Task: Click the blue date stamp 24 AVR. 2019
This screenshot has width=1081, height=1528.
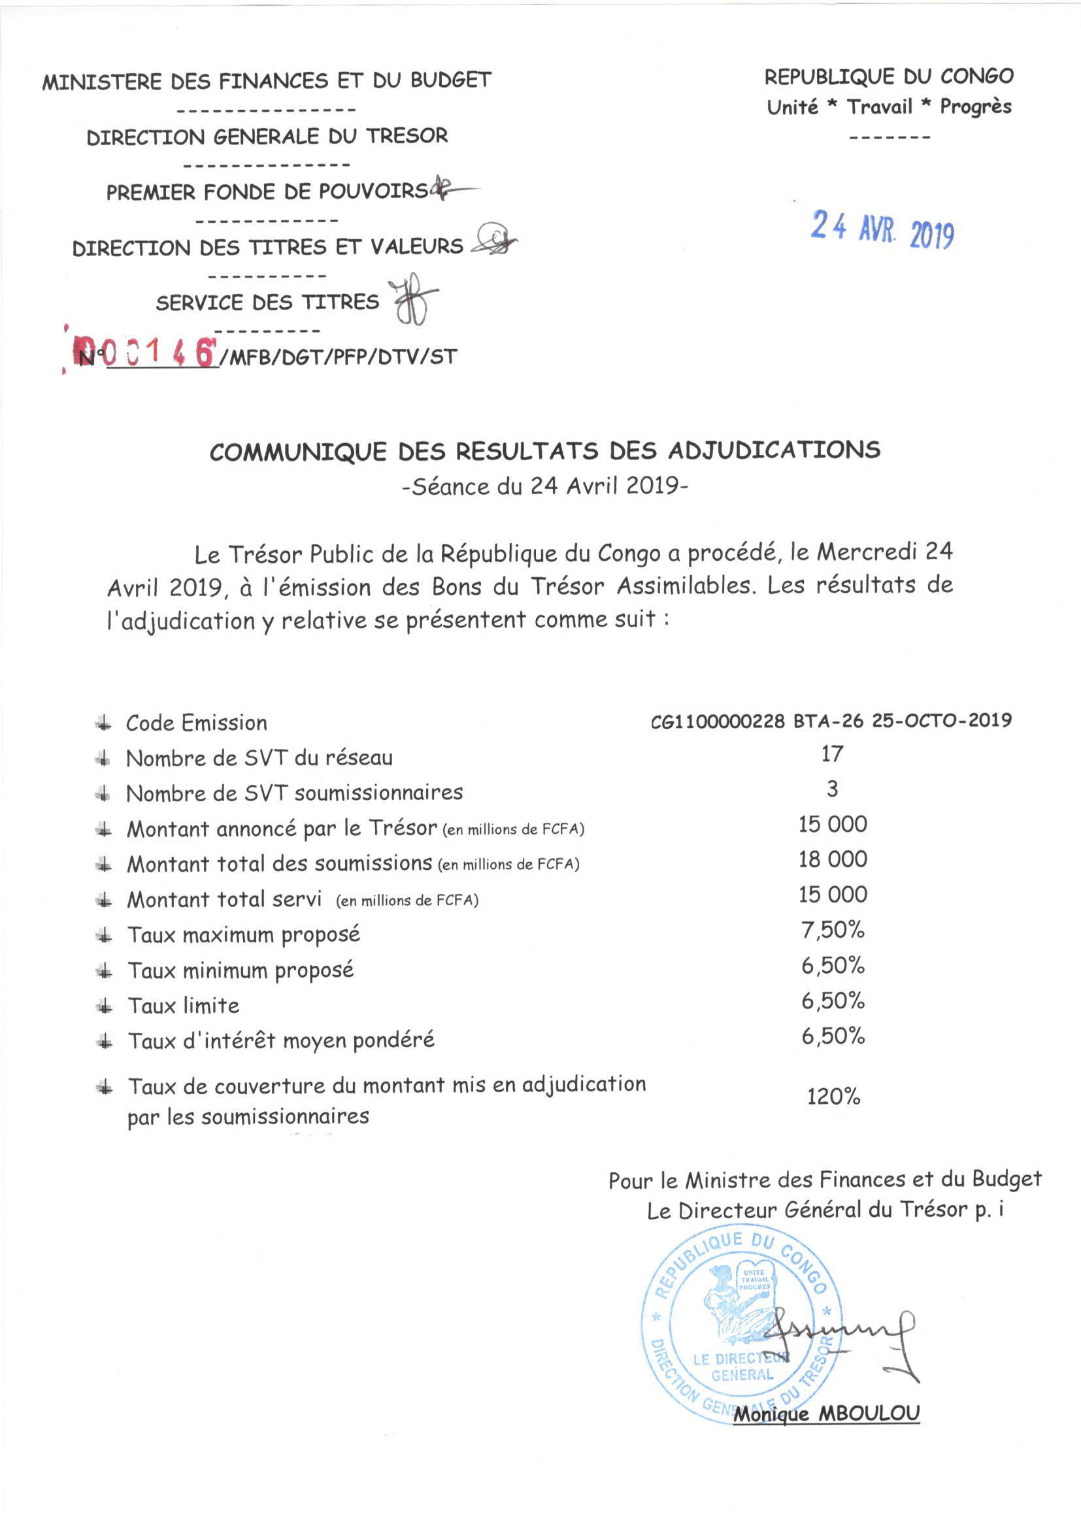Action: tap(882, 230)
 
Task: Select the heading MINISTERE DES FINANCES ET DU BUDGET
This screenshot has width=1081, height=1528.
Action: tap(266, 81)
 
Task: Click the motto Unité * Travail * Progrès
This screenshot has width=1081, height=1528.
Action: tap(889, 107)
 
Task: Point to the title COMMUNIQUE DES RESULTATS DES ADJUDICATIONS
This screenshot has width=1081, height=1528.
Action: tap(544, 450)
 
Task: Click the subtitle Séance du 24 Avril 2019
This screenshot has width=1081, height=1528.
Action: tap(544, 486)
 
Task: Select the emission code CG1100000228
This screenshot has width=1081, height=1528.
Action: tap(718, 721)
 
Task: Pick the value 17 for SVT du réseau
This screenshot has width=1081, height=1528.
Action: tap(832, 754)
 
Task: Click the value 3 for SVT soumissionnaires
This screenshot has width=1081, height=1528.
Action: tap(832, 789)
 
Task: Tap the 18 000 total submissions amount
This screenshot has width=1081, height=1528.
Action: tap(833, 859)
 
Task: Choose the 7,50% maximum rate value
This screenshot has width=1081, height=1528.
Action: tap(833, 930)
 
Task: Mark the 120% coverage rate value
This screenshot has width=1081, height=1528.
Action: tap(833, 1096)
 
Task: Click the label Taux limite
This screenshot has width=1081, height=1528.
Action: tap(183, 1006)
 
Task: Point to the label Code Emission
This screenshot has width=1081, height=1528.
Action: tap(196, 723)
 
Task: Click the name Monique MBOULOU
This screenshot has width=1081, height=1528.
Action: tap(826, 1414)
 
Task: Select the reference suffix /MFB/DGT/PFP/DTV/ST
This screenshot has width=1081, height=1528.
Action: tap(338, 357)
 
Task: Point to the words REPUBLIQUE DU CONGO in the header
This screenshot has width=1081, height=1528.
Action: tap(889, 77)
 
